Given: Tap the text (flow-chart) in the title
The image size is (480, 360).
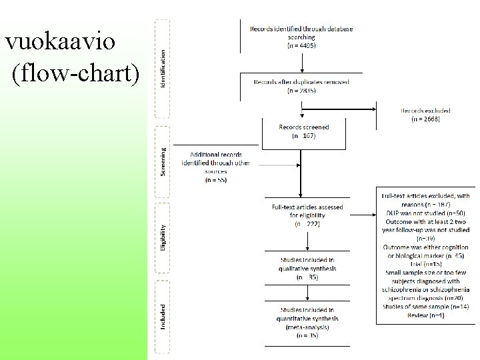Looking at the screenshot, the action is pos(75,75).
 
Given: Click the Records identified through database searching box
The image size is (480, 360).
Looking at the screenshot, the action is pos(301,37).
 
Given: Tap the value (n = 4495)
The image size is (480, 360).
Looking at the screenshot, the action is pos(301,45).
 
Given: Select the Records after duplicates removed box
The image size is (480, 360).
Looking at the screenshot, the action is pos(302,85).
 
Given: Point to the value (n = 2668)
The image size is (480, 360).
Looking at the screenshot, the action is pos(425,119).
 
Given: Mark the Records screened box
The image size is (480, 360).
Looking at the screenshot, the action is pos(303,131).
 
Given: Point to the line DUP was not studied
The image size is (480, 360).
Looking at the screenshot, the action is pos(425,212).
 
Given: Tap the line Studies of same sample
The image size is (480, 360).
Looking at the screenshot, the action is pos(425,306).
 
